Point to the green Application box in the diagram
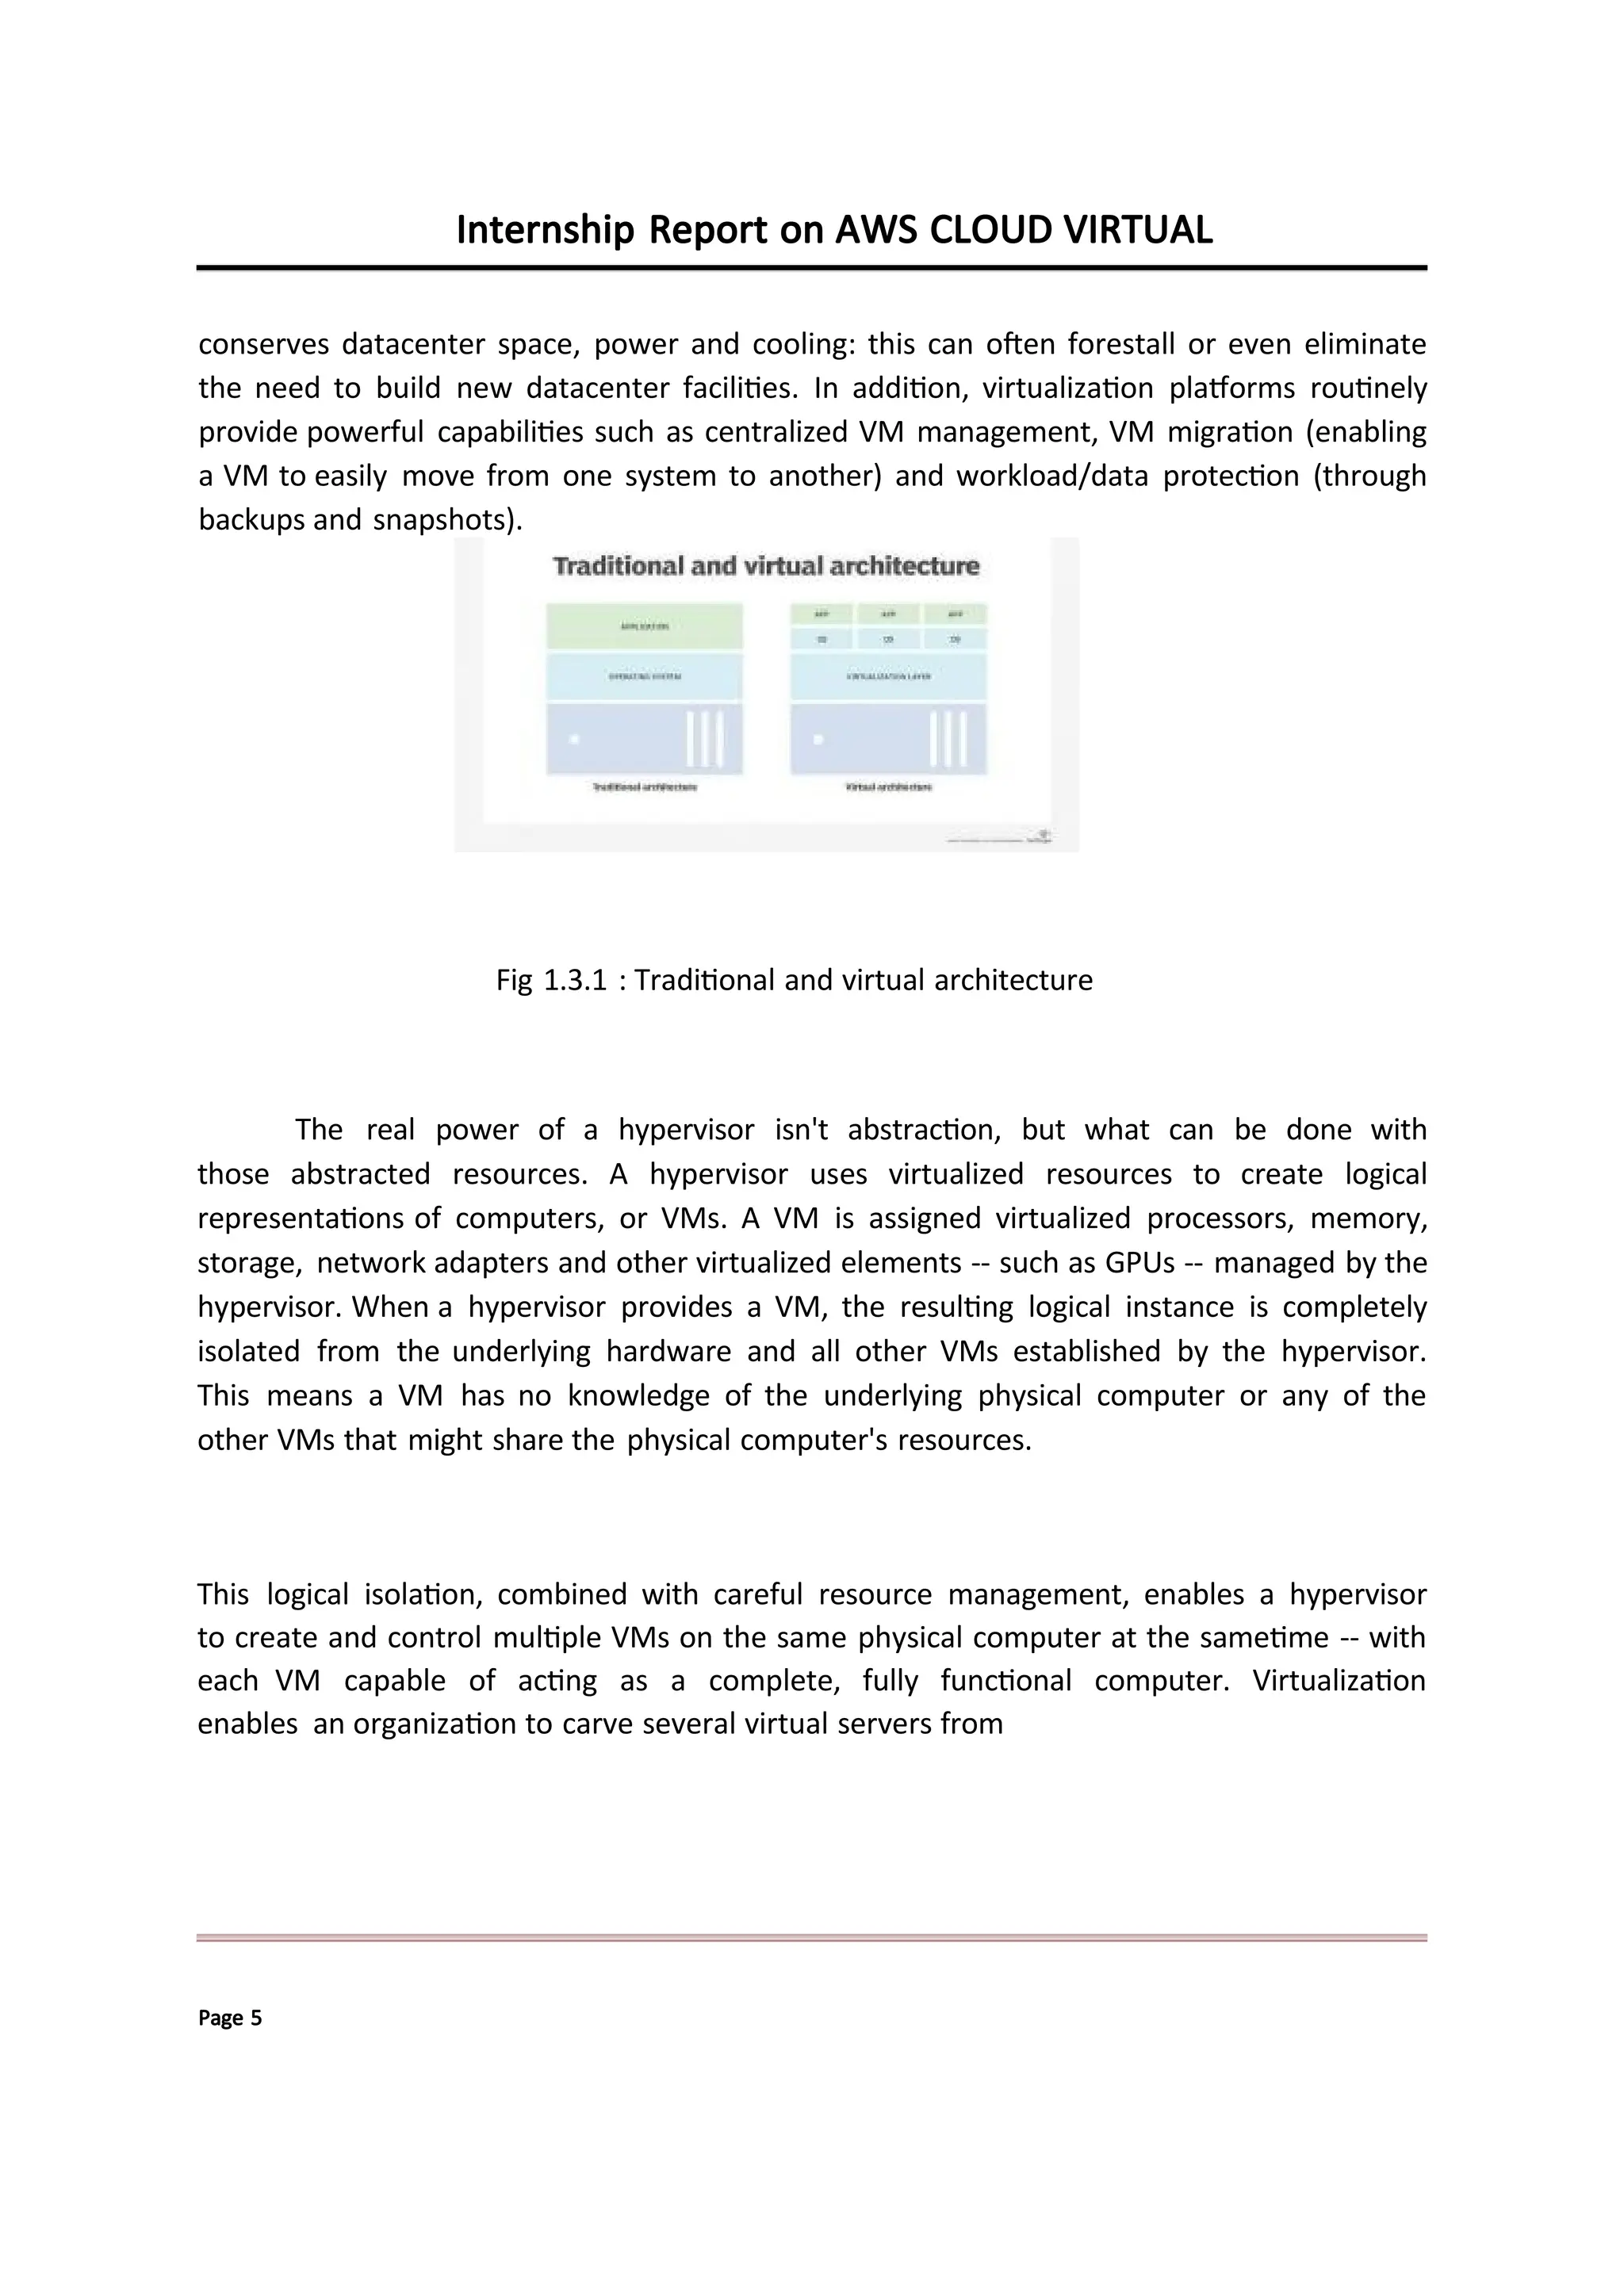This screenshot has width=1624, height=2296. (x=644, y=626)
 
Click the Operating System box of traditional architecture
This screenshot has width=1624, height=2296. (x=644, y=677)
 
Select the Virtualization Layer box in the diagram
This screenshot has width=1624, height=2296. (x=888, y=677)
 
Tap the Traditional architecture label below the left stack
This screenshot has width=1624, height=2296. (x=644, y=787)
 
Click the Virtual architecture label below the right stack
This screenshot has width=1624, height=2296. (x=888, y=787)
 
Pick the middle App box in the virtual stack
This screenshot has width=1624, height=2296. (x=888, y=613)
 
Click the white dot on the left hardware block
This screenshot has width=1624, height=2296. (x=574, y=739)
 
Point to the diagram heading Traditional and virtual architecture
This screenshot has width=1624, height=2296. (x=766, y=566)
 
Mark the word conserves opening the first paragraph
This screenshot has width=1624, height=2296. (x=263, y=345)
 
